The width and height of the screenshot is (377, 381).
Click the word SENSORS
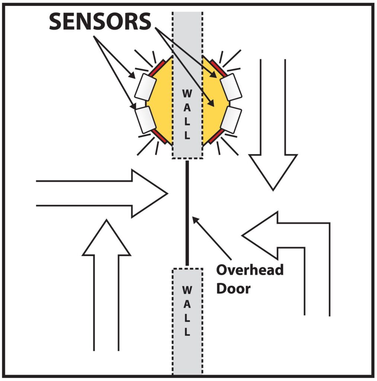pos(100,22)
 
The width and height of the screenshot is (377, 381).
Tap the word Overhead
pos(250,270)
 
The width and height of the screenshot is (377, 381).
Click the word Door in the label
pos(233,288)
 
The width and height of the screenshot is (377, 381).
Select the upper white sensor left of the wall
pos(145,87)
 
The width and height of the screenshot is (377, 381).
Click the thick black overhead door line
pos(187,212)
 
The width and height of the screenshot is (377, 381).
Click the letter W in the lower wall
pos(187,289)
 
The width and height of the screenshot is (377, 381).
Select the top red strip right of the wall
pos(216,67)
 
